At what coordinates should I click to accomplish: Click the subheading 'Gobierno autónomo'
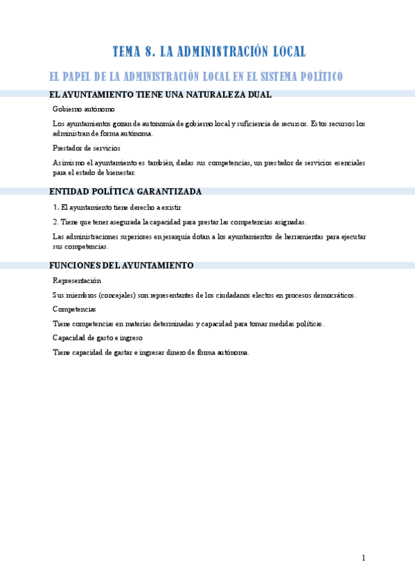pyautogui.click(x=84, y=109)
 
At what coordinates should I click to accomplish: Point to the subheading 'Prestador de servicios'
pyautogui.click(x=87, y=148)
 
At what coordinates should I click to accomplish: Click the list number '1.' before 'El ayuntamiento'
pyautogui.click(x=56, y=207)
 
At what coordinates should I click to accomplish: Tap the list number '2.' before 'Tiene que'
pyautogui.click(x=56, y=222)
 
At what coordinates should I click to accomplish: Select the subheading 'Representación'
pyautogui.click(x=77, y=280)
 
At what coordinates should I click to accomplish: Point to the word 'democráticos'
pyautogui.click(x=330, y=295)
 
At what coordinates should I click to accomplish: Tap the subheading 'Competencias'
pyautogui.click(x=74, y=309)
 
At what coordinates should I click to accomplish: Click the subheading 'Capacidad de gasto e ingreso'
pyautogui.click(x=98, y=338)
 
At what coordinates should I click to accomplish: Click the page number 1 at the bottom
pyautogui.click(x=363, y=558)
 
